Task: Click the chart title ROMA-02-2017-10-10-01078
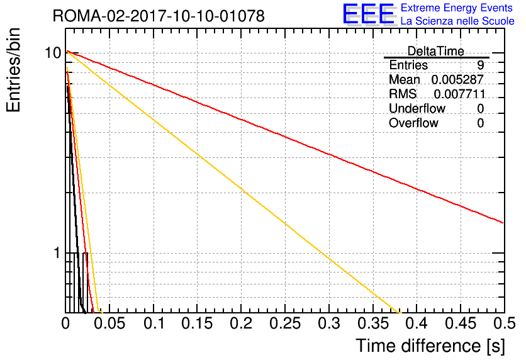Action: [x=159, y=16]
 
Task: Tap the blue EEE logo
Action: [x=369, y=14]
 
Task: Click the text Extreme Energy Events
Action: [x=457, y=8]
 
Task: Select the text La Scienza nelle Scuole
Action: [x=457, y=21]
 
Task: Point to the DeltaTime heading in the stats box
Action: [x=435, y=51]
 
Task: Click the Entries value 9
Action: [x=480, y=65]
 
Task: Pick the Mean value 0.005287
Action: [x=457, y=80]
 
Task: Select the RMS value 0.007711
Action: [x=459, y=94]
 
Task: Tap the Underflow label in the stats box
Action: [x=417, y=108]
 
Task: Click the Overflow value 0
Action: [x=480, y=123]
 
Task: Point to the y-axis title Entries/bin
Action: [x=13, y=70]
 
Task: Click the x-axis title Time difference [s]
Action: [x=430, y=346]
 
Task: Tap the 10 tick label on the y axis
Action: [x=53, y=53]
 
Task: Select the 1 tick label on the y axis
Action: [x=57, y=253]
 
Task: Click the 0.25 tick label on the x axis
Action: [x=285, y=323]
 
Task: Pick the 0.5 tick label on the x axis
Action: [x=504, y=323]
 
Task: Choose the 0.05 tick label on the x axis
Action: [x=109, y=323]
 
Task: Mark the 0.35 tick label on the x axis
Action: [x=373, y=323]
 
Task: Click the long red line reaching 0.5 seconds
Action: [x=285, y=137]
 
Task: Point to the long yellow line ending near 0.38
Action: [x=234, y=182]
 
